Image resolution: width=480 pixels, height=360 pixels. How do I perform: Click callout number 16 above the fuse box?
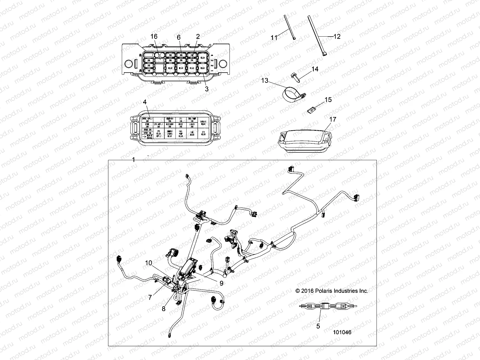pos(154,36)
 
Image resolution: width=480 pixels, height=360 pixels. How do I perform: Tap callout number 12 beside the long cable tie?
pos(337,36)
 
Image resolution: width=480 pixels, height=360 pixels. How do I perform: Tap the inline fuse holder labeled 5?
pos(325,306)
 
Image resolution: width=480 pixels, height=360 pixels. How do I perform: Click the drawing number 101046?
pos(342,332)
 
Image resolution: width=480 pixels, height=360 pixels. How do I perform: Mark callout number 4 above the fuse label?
pos(145,102)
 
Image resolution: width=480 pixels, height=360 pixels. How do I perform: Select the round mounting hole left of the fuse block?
pos(128,64)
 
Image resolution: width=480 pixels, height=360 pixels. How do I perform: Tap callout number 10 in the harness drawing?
pos(149,263)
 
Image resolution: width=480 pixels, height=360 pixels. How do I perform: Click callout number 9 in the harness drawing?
pos(221,283)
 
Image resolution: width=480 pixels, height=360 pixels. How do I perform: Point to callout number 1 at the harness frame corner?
pos(134,160)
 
